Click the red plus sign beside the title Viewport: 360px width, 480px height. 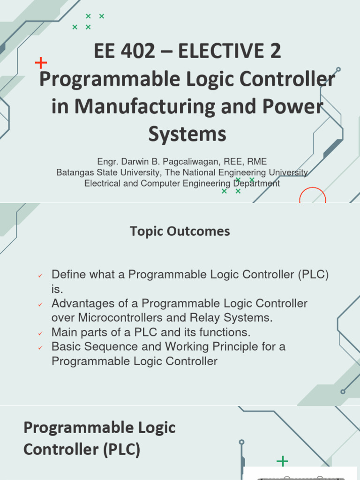click(x=41, y=63)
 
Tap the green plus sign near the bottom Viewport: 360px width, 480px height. click(x=282, y=461)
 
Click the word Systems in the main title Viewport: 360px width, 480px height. click(x=187, y=134)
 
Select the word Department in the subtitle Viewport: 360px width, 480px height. click(x=256, y=183)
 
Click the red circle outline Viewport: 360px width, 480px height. click(x=312, y=196)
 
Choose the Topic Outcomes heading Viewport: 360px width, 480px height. click(x=180, y=231)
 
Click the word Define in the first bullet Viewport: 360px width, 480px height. click(x=67, y=275)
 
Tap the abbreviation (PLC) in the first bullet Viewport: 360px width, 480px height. click(x=313, y=275)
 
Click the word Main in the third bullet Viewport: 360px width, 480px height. click(x=63, y=332)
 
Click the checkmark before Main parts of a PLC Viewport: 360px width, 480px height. click(x=40, y=333)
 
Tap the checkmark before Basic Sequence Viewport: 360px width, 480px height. click(x=40, y=348)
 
